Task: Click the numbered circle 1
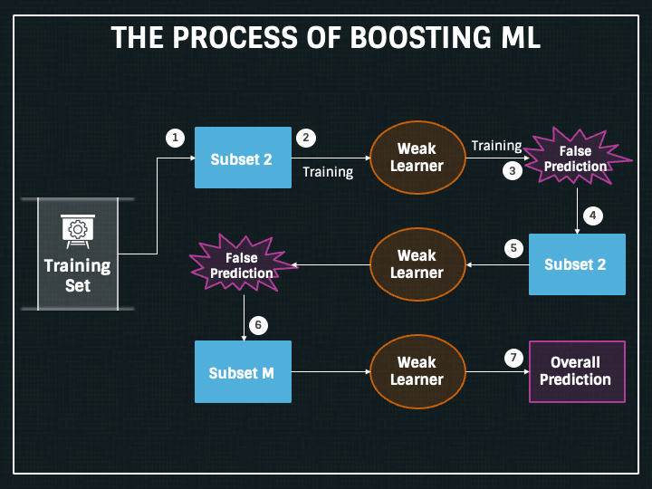tap(175, 138)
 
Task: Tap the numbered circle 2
tap(306, 138)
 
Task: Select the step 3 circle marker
tap(513, 170)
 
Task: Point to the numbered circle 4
tap(592, 216)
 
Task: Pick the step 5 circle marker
tap(513, 246)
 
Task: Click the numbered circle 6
tap(258, 323)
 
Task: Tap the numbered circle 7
tap(513, 358)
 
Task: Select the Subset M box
tap(243, 372)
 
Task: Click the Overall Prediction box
tap(576, 371)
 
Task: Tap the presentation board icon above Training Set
tap(78, 230)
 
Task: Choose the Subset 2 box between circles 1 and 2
tap(243, 158)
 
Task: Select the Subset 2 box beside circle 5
tap(577, 264)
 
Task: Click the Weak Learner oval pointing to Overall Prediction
tap(417, 371)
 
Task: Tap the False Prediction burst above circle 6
tap(242, 265)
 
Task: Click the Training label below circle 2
tap(328, 171)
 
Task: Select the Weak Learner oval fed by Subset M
tap(417, 371)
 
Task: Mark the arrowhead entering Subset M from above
tap(244, 337)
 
